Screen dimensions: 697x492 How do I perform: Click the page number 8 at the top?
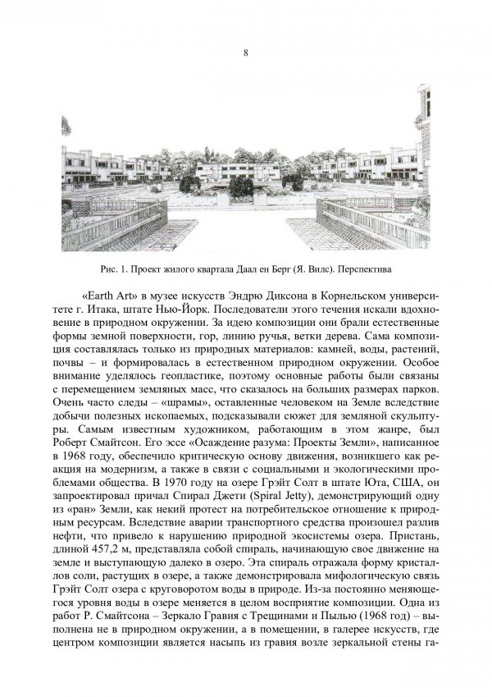coord(246,53)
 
